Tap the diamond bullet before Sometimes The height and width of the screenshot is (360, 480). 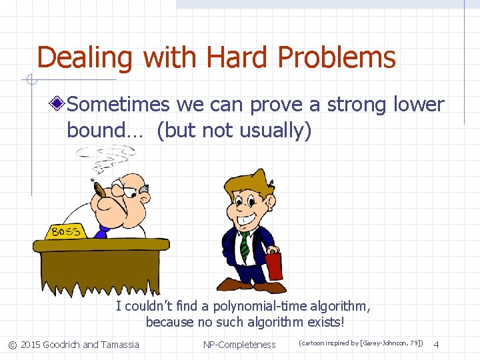coord(59,105)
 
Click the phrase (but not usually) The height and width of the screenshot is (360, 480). coord(234,131)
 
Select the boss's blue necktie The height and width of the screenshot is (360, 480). coord(102,231)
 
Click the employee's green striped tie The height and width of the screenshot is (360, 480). coord(245,245)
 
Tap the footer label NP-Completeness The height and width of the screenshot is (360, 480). coord(239,345)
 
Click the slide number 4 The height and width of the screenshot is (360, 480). coord(437,345)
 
